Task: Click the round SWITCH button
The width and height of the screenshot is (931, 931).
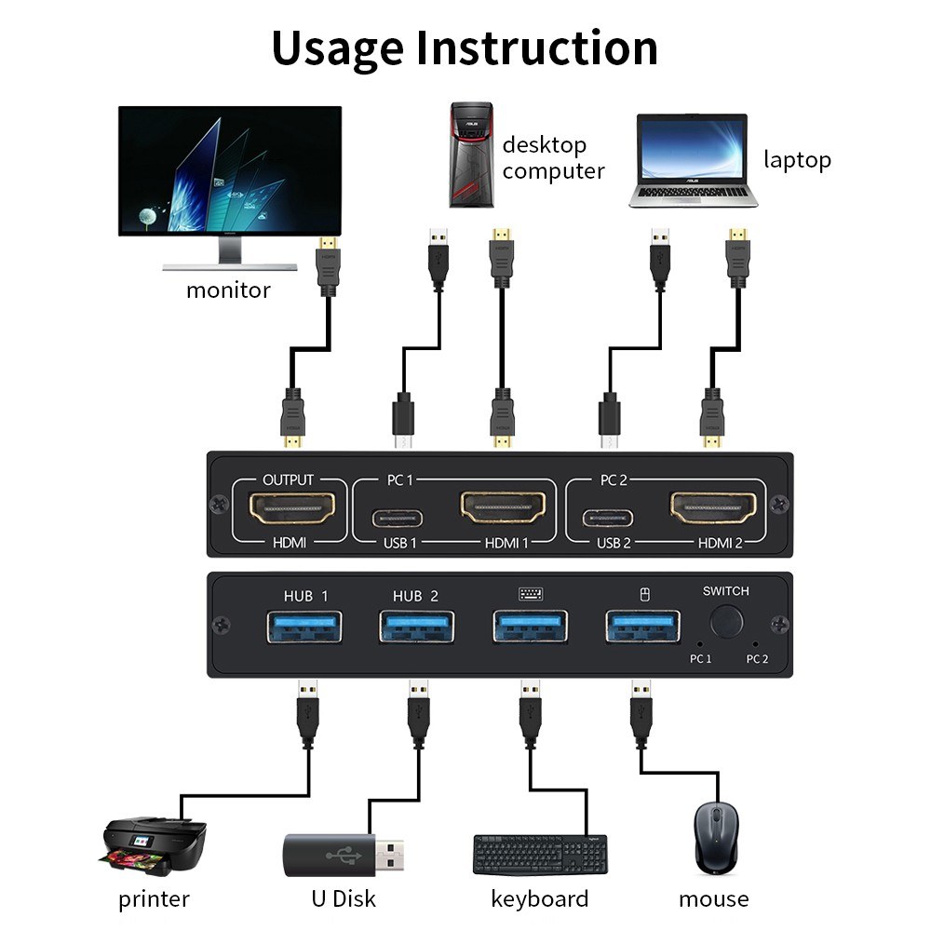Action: click(x=727, y=621)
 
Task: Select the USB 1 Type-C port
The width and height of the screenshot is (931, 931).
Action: click(x=399, y=518)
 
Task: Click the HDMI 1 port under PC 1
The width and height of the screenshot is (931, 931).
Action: click(x=502, y=508)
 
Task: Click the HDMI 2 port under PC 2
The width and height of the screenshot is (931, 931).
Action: click(x=713, y=508)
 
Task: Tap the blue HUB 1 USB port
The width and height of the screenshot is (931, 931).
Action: click(x=304, y=626)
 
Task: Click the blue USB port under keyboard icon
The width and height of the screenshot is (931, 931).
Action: click(x=529, y=626)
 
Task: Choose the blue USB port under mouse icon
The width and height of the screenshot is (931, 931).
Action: click(x=641, y=626)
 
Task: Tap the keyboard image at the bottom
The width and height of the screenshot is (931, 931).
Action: click(x=540, y=855)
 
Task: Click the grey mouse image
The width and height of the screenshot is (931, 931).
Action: click(x=713, y=838)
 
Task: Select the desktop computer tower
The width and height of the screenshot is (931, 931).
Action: click(x=471, y=155)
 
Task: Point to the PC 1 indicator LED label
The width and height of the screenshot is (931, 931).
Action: click(x=700, y=658)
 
